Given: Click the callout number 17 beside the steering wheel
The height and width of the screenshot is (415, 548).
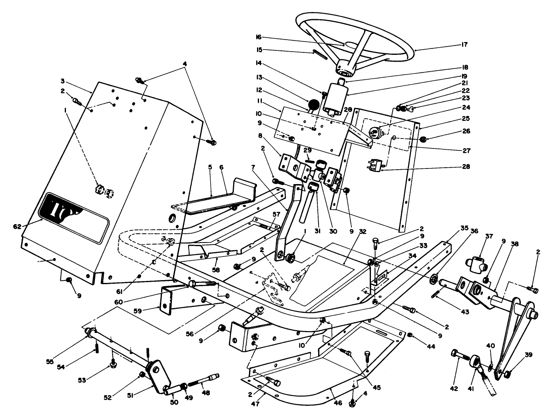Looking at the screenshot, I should (x=464, y=44).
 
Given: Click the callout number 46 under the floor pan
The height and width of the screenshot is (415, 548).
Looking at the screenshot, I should (x=338, y=403).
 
